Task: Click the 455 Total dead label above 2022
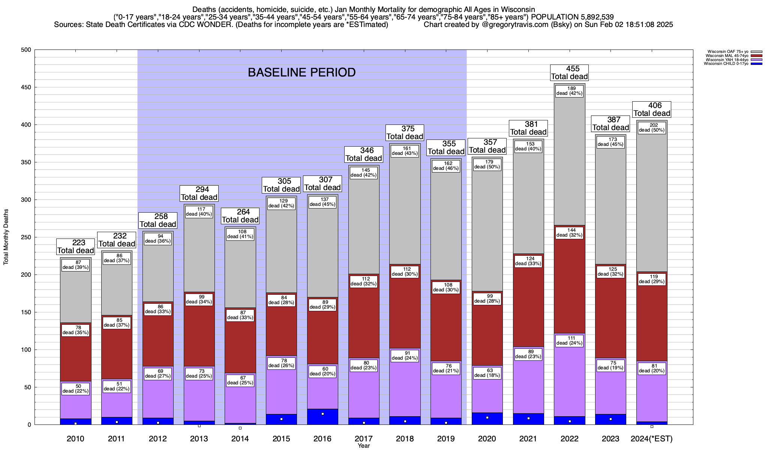click(569, 73)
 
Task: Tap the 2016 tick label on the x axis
click(322, 439)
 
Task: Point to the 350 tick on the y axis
click(27, 162)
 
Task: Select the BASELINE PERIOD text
click(301, 72)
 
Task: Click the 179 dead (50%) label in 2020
click(487, 164)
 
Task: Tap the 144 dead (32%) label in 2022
click(569, 233)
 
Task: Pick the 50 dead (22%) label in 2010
click(75, 389)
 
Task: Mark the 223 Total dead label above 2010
click(75, 247)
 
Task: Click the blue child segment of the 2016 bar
click(322, 417)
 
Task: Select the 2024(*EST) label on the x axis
click(652, 439)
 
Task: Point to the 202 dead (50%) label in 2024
click(652, 128)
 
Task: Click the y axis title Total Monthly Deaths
click(6, 237)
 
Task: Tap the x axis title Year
click(363, 446)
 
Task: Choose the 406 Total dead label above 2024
click(652, 109)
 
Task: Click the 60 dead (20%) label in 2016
click(322, 371)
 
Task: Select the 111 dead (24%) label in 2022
click(569, 340)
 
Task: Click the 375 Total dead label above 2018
click(405, 133)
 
